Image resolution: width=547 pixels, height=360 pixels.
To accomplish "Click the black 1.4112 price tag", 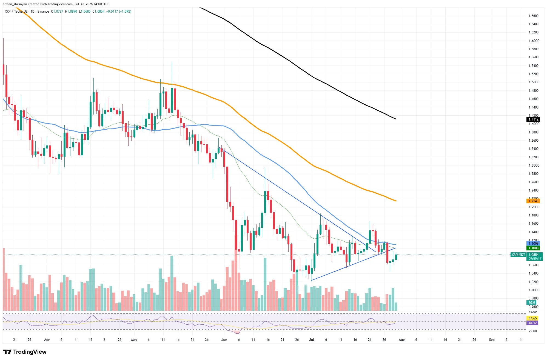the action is tap(533, 119).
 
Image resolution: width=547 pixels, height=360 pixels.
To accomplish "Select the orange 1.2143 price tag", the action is tap(533, 201).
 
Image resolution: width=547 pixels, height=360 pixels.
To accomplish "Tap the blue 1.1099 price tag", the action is tap(533, 243).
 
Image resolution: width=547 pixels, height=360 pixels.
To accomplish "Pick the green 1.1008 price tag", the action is tap(533, 248).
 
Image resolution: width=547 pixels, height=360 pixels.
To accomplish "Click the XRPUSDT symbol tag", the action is tap(518, 255).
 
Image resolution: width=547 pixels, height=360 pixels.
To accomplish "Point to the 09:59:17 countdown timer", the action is tap(535, 258).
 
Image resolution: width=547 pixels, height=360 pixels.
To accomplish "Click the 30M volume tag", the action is tap(532, 302).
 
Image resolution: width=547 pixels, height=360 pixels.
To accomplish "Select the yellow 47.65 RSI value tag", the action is tap(532, 318).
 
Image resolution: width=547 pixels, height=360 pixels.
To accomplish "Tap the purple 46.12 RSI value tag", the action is tap(532, 323).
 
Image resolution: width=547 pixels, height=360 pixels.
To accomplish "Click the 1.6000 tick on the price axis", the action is tap(534, 41).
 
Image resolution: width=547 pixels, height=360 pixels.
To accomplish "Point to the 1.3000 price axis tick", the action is tap(534, 165).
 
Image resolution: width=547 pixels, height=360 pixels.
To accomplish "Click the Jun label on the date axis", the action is tap(224, 339).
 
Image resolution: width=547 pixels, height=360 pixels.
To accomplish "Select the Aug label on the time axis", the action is tap(401, 339).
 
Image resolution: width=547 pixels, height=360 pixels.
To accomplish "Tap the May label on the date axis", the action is tap(134, 339).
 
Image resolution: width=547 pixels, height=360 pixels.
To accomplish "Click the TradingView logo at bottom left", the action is tap(25, 352).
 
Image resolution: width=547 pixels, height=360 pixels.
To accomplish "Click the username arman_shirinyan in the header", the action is tap(15, 4).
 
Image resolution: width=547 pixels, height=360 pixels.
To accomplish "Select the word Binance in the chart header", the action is tap(43, 12).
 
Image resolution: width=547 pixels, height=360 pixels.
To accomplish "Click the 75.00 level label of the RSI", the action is tap(532, 312).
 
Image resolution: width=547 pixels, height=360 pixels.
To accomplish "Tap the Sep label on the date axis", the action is tap(492, 339).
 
